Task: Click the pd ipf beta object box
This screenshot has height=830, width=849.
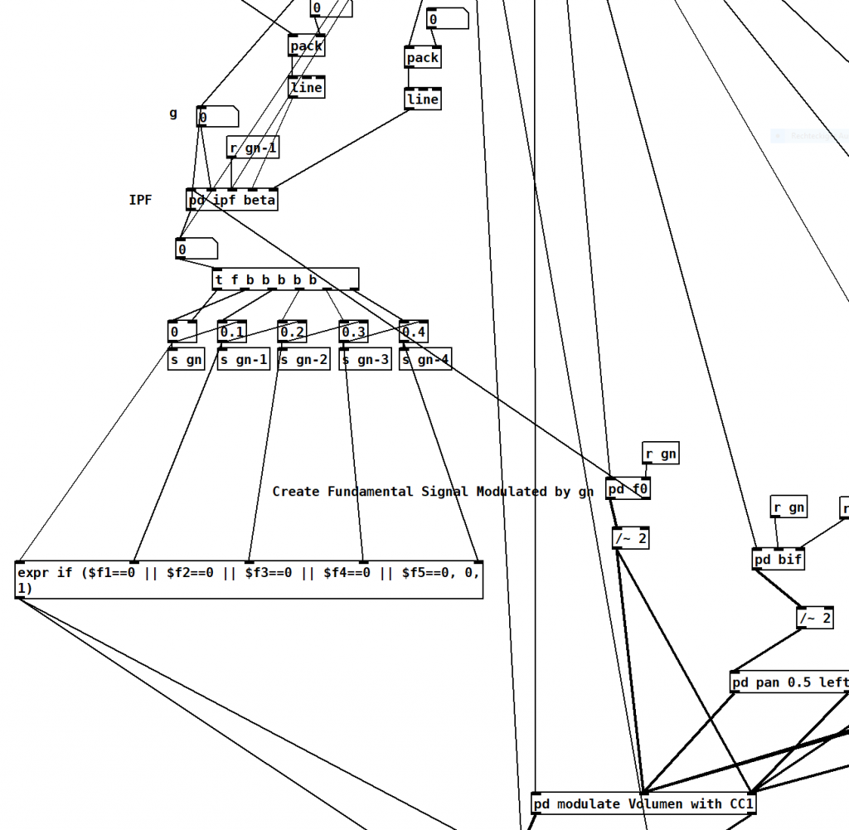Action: tap(232, 200)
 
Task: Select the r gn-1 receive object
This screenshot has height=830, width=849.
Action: tap(253, 148)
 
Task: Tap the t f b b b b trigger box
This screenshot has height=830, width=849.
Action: tap(285, 279)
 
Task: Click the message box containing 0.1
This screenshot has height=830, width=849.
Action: tap(232, 332)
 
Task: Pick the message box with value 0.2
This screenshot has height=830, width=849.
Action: tap(292, 332)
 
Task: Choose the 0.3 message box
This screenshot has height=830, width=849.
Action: tap(353, 332)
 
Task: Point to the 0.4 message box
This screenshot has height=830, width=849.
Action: tap(414, 332)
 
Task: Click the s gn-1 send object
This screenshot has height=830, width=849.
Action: tap(244, 360)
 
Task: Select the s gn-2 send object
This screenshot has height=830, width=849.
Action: tap(303, 360)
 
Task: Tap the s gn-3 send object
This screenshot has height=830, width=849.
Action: tap(365, 360)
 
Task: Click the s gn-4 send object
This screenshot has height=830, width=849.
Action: tap(425, 360)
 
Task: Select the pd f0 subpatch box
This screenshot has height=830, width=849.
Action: tap(628, 489)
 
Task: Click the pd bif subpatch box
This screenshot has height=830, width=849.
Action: tap(779, 559)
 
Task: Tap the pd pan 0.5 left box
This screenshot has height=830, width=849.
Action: tap(788, 682)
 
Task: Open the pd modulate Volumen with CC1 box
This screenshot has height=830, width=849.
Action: tap(643, 803)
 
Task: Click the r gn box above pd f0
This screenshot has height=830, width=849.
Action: tap(661, 454)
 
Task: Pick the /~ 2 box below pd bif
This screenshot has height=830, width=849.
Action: tap(814, 618)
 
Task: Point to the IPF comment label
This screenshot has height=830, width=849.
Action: tap(140, 200)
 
